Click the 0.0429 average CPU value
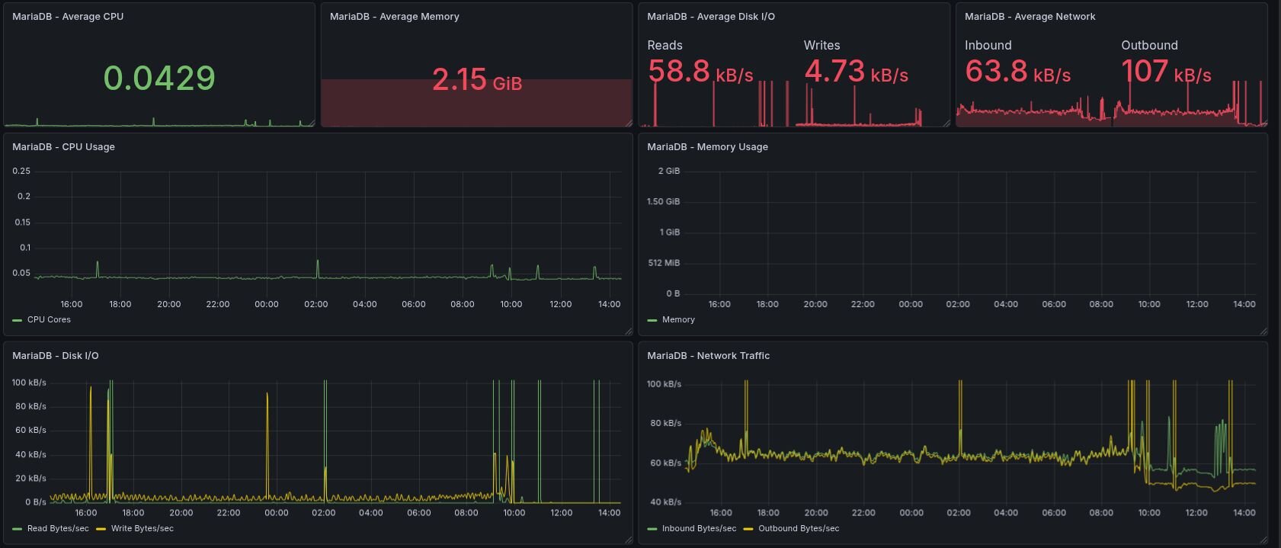pos(159,78)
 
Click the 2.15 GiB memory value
pos(476,80)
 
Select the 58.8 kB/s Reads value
pos(700,72)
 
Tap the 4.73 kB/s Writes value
pos(856,72)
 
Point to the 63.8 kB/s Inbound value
pos(1017,72)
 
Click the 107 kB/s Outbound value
pos(1165,72)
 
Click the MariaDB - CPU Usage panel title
pos(63,147)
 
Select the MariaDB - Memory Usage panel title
pos(706,147)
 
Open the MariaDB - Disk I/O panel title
pos(55,356)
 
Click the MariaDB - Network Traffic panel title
pos(707,356)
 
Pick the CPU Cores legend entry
pos(48,320)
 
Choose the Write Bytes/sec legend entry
pos(142,529)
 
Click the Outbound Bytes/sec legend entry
pos(798,529)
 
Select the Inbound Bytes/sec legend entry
pos(698,529)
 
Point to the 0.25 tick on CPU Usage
pos(21,171)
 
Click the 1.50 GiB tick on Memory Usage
pos(662,202)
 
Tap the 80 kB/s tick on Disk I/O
pos(30,407)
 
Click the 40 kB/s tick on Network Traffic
pos(665,502)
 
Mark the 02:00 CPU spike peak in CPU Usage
pos(318,261)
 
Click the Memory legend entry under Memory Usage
pos(677,320)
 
